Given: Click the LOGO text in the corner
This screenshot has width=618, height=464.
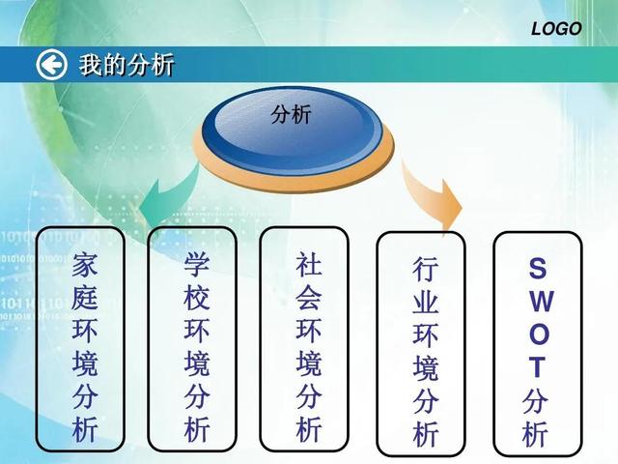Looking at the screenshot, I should [556, 29].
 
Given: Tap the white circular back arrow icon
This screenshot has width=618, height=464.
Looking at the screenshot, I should [51, 65].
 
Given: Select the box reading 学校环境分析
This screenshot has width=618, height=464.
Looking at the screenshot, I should [196, 341].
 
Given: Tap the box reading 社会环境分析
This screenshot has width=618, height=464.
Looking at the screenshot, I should [308, 339].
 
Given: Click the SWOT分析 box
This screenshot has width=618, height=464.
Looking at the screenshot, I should [538, 343].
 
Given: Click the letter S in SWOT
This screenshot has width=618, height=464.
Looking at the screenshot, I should [538, 268].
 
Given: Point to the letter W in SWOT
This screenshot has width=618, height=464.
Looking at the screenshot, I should [538, 301].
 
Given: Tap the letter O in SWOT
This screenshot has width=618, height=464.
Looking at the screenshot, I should [538, 333].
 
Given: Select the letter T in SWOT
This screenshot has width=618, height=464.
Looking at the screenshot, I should [538, 366].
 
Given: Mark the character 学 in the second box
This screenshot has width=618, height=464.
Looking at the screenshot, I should [196, 263].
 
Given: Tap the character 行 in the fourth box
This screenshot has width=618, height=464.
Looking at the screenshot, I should [425, 268].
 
